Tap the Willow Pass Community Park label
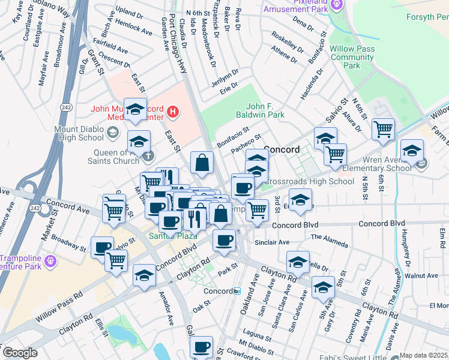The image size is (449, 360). [352, 57]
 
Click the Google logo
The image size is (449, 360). [19, 353]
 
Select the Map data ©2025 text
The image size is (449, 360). [423, 355]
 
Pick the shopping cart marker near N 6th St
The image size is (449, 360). [382, 128]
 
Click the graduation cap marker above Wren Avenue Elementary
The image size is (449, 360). [412, 150]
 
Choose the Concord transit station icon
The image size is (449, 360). [237, 291]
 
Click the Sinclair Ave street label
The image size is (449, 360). [272, 242]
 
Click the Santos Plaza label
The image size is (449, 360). [166, 236]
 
